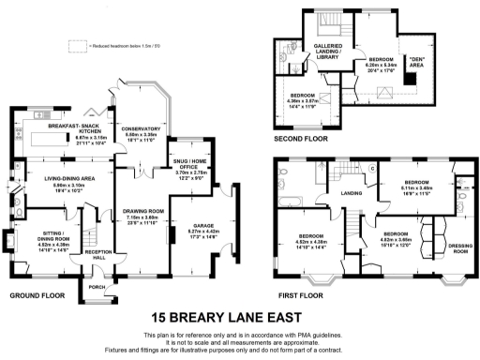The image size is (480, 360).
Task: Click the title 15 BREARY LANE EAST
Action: point(239,317)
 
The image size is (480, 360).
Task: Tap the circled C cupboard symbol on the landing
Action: point(372,169)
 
